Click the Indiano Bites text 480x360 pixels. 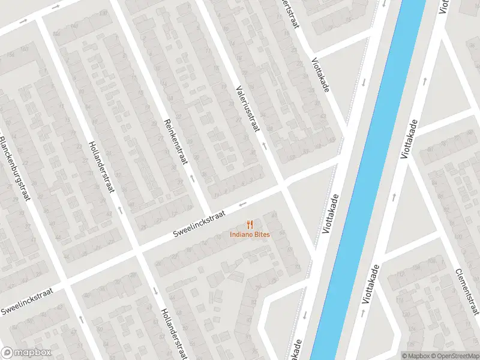(x=250, y=234)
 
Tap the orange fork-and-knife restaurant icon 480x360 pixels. (x=250, y=224)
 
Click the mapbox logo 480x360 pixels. (x=26, y=353)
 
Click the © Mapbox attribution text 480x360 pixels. (x=415, y=356)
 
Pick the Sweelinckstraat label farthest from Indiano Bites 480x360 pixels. (x=27, y=301)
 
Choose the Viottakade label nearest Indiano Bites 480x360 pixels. (x=331, y=215)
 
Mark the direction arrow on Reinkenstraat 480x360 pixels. (x=192, y=178)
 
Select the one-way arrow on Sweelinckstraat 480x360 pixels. (x=243, y=204)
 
